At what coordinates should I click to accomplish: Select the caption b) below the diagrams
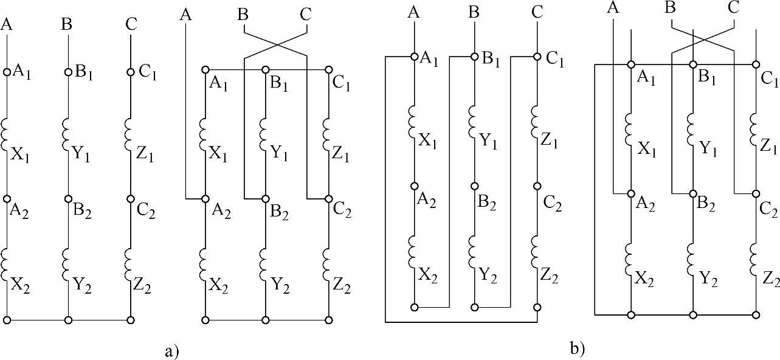point(576,348)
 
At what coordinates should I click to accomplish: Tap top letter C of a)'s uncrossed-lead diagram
point(131,25)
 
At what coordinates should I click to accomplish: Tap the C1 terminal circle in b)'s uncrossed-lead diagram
point(537,57)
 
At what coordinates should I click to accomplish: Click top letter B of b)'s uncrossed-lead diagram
point(475,11)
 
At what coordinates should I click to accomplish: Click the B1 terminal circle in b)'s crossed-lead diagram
point(692,64)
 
